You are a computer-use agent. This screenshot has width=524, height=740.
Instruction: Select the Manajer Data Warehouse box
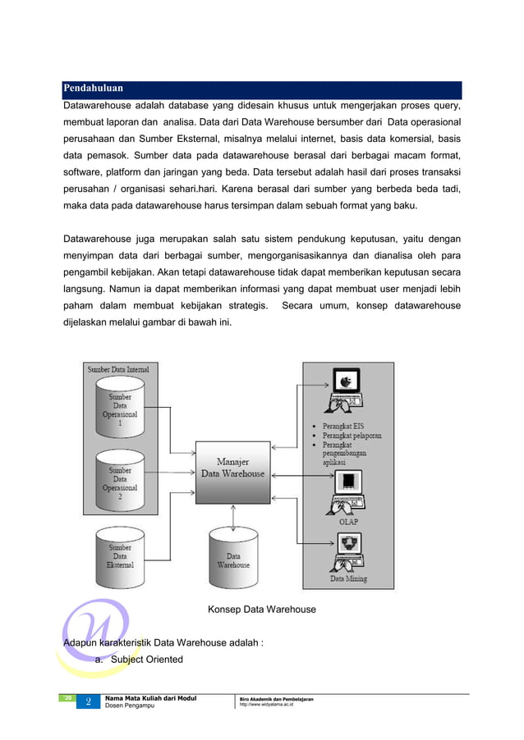tap(233, 468)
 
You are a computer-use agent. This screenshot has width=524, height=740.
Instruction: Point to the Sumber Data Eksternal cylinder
tap(120, 555)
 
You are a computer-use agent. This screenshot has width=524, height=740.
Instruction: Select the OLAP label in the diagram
tap(348, 521)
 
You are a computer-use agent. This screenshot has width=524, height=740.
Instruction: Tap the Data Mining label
tap(348, 578)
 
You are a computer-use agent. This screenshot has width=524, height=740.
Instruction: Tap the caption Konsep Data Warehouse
tap(261, 610)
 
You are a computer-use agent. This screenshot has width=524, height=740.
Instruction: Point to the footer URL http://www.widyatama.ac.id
tap(270, 705)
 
